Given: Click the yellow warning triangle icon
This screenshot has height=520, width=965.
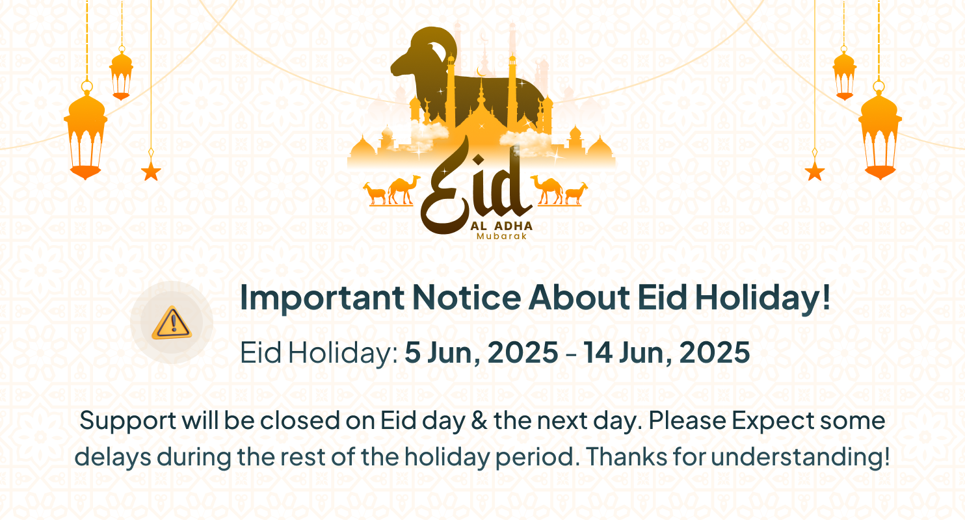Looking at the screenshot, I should pyautogui.click(x=172, y=323).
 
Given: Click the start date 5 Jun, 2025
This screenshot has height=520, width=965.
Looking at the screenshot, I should pyautogui.click(x=481, y=353).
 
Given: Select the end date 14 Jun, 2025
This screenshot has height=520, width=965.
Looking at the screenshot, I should pyautogui.click(x=667, y=353).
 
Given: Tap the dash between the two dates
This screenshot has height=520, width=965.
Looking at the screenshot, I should pyautogui.click(x=570, y=354).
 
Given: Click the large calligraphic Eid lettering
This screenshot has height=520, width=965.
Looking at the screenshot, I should pyautogui.click(x=475, y=188).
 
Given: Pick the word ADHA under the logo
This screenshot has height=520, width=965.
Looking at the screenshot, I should pyautogui.click(x=513, y=226).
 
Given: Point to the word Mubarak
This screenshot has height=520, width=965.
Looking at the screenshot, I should pyautogui.click(x=501, y=237).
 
